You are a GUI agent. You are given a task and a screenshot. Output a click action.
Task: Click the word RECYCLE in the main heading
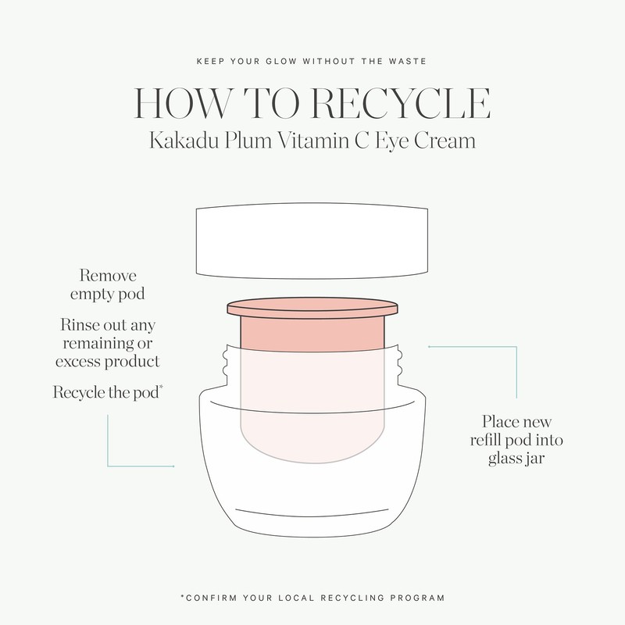pos(400,103)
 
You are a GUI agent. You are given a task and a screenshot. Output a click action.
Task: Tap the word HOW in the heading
pos(182,103)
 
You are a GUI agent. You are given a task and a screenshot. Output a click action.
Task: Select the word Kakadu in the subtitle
pos(184,141)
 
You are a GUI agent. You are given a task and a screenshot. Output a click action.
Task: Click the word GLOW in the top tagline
pos(281,62)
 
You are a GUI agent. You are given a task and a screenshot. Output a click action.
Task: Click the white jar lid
pos(312,241)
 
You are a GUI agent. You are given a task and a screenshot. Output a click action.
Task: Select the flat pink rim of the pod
pos(312,308)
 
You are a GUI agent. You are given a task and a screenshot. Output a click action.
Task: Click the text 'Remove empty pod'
pos(108,284)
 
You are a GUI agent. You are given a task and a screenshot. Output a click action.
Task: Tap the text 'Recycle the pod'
pos(106,393)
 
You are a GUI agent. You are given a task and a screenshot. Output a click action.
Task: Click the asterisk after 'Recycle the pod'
pos(161,387)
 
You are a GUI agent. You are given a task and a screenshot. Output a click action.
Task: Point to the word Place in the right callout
pos(499,422)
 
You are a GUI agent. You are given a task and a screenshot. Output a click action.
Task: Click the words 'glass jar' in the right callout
pos(516,459)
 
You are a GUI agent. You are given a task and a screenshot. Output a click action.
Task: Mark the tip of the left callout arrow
pos(173,466)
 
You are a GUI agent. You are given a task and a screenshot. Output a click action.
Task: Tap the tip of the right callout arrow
pos(429,347)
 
